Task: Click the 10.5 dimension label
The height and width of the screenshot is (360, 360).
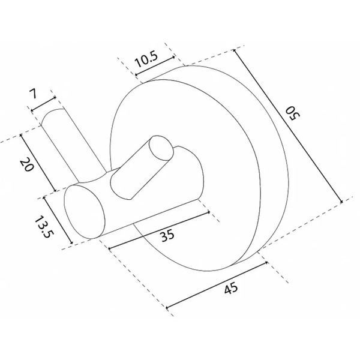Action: point(146,59)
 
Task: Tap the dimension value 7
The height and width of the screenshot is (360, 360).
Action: point(33,94)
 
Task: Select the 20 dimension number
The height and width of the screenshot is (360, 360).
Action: point(26,164)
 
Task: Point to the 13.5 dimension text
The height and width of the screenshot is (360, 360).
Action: point(44,227)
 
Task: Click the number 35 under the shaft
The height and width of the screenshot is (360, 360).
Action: point(167,235)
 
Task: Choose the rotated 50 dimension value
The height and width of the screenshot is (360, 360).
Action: point(293,113)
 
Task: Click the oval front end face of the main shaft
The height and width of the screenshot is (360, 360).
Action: point(84,212)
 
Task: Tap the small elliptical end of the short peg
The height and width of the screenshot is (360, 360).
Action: point(161,148)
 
